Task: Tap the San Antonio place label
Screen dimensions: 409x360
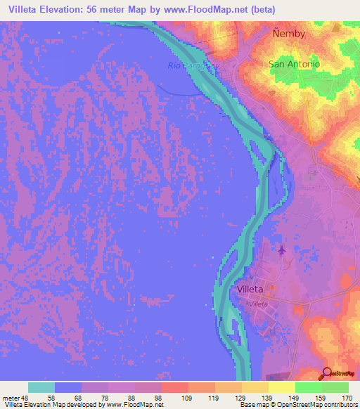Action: (x=295, y=63)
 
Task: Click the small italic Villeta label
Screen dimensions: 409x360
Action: (x=259, y=303)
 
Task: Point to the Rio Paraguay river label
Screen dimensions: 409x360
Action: (x=193, y=66)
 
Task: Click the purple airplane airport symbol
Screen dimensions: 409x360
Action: (x=282, y=250)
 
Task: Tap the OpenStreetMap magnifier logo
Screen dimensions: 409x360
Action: (x=327, y=374)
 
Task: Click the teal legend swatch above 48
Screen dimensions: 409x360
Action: (x=41, y=387)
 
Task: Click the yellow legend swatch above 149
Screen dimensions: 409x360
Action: (x=282, y=387)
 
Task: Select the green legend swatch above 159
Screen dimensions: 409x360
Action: (x=309, y=387)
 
